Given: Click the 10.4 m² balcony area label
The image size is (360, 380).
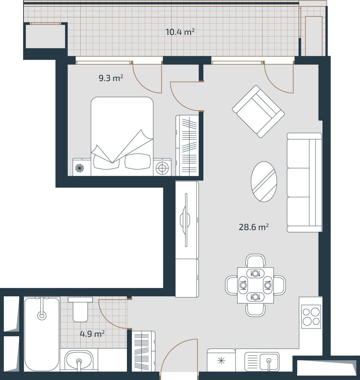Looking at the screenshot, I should coord(180,32).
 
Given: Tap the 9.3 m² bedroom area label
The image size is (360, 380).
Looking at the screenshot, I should coord(111,78).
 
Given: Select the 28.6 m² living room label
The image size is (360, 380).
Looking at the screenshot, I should coord(254,227).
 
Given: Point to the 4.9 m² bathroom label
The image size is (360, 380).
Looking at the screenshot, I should coord(92,334).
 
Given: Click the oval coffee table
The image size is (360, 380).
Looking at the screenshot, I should coord(264,182).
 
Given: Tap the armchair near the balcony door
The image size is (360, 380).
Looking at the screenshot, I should coord(258,112).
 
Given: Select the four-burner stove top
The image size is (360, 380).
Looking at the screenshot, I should coord(311,316).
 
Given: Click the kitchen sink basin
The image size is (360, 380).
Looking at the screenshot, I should coord(269,361).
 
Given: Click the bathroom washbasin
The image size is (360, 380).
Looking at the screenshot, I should coord(79,360).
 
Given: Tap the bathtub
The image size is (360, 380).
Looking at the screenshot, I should coord(42,334).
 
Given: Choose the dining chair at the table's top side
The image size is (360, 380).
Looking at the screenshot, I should coord(255,260).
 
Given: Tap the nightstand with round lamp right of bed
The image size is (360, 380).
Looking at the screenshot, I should coord(162,167).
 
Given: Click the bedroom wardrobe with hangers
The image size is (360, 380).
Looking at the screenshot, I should coord(187,145).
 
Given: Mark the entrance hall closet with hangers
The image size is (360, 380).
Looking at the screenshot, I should coord(143,351).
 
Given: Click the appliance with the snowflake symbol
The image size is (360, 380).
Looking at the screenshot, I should coord(221,360).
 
